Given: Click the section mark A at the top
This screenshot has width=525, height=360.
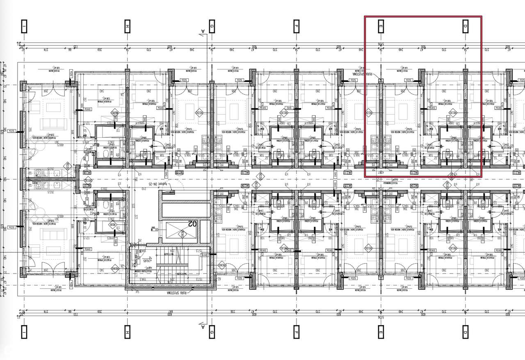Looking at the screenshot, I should click(x=202, y=32).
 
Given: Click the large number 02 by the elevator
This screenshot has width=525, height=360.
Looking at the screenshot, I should click(x=192, y=223).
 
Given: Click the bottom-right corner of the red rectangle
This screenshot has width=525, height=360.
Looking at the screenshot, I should click(x=482, y=177).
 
